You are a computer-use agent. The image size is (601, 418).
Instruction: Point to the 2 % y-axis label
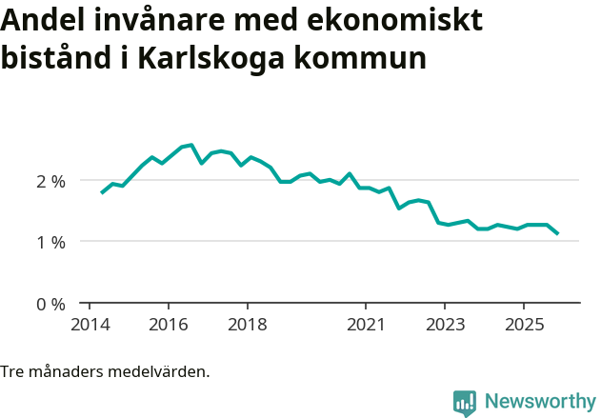(51, 181)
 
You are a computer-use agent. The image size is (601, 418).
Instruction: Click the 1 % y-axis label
(51, 242)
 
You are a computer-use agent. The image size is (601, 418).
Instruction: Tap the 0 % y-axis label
(51, 305)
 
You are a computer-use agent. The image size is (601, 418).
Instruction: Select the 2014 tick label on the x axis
(89, 325)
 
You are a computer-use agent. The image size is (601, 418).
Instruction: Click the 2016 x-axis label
(168, 325)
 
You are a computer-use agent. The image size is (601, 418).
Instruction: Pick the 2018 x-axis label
(247, 325)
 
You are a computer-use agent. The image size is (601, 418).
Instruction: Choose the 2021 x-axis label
(366, 325)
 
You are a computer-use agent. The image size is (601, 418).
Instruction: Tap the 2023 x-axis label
(445, 325)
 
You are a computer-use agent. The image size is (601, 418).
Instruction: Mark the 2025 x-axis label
(524, 325)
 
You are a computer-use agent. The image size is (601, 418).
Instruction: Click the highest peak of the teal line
(191, 145)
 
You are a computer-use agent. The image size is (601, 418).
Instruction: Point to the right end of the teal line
(557, 233)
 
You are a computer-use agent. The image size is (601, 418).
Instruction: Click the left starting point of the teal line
(102, 193)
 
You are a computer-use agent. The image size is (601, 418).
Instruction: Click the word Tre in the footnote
(12, 371)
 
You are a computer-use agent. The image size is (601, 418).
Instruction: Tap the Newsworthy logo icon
(465, 403)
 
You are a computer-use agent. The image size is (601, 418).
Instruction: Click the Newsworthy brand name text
(540, 402)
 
